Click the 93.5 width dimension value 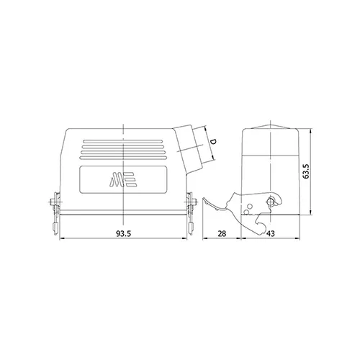[x=123, y=233]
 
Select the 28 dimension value [x=222, y=233]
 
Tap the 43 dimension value [x=270, y=233]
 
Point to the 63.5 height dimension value [x=306, y=171]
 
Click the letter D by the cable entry [x=212, y=141]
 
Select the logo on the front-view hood [x=123, y=179]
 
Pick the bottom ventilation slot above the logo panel [x=123, y=158]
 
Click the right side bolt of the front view [x=192, y=202]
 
